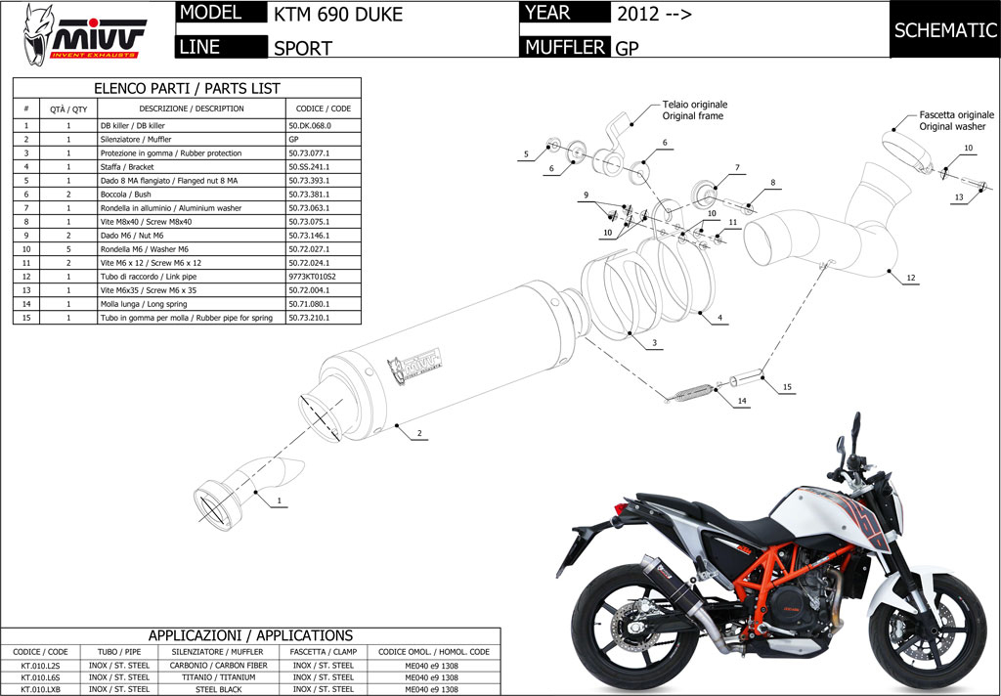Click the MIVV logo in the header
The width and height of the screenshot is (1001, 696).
[x=85, y=33]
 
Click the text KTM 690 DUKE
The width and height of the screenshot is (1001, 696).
[x=337, y=15]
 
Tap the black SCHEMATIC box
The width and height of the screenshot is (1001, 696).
[x=944, y=30]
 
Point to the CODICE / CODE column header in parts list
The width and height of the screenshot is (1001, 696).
[x=323, y=109]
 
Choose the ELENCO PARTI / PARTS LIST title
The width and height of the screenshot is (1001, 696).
[x=187, y=88]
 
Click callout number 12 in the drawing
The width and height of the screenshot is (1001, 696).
[x=910, y=279]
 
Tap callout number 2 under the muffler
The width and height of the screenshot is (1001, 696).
[x=418, y=433]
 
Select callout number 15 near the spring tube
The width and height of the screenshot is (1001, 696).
[x=787, y=388]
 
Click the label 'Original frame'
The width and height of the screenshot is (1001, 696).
[x=692, y=116]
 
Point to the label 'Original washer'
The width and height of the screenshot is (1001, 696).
[x=951, y=127]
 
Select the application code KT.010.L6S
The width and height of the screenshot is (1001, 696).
[x=39, y=676]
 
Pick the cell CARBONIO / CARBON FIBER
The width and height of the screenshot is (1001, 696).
[x=219, y=665]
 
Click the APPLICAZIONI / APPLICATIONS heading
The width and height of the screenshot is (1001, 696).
[x=250, y=635]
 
